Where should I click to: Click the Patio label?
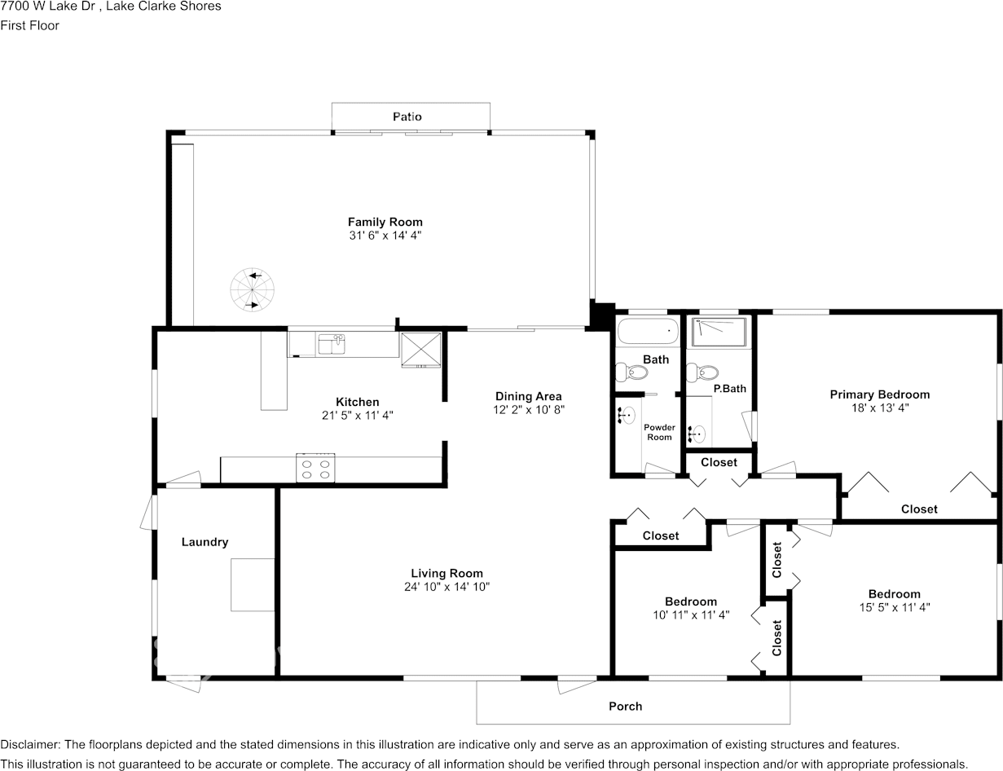pos(407,117)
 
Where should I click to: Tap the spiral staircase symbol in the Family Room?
pos(252,291)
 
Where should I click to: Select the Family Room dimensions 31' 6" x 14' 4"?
pos(385,235)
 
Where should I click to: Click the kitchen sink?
pos(332,344)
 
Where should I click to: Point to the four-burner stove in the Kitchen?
pos(315,468)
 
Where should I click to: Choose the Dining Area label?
pos(529,396)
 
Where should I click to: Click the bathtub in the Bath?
pos(648,332)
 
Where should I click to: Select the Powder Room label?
pos(659,432)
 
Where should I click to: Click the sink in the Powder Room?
pos(627,416)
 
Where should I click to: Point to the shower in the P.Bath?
pos(718,332)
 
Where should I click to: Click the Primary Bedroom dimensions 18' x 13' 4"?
pos(879,408)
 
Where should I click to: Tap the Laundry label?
pos(205,542)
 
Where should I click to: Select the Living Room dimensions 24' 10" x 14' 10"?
pos(447,586)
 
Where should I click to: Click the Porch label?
pos(626,706)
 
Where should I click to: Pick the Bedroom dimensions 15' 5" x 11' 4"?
pos(894,607)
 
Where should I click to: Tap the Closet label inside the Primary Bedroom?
pos(919,509)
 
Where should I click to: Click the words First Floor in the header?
pos(29,25)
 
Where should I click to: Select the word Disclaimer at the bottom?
pos(29,744)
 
